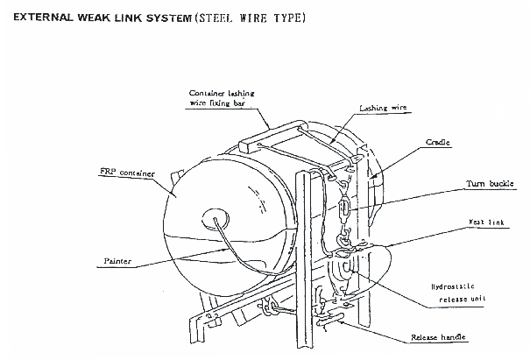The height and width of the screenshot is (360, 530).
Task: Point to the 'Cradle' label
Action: tap(437, 141)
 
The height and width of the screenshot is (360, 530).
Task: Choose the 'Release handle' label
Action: tap(438, 336)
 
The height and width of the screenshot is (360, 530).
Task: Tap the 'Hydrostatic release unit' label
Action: tap(457, 296)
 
